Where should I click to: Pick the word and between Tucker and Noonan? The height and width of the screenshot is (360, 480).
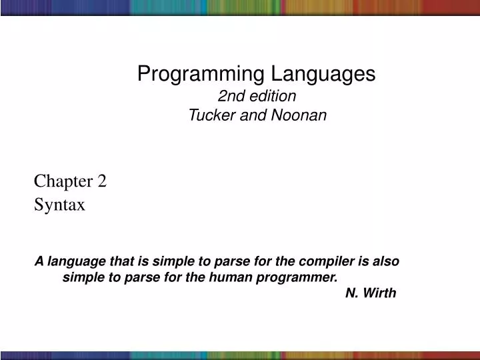click(251, 115)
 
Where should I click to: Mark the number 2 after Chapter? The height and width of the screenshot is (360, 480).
click(102, 181)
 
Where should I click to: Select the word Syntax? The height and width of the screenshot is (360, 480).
click(59, 205)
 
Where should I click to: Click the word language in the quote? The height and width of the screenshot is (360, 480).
click(74, 261)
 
